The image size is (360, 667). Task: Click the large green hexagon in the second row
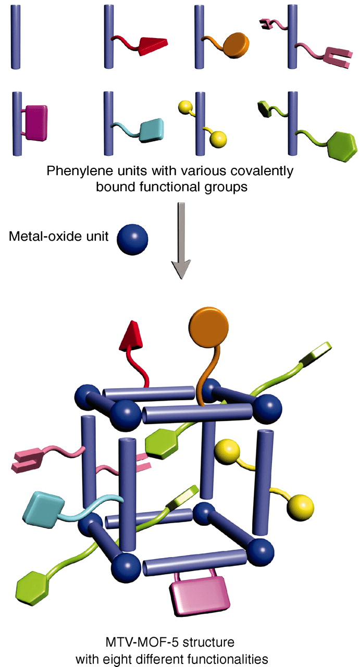click(x=342, y=146)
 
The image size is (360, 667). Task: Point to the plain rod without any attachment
click(x=16, y=37)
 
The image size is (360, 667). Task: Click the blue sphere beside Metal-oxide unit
click(x=132, y=240)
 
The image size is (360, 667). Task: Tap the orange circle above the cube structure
click(x=208, y=327)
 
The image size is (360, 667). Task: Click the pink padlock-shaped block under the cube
click(x=200, y=595)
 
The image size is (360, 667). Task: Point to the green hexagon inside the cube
click(x=162, y=443)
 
